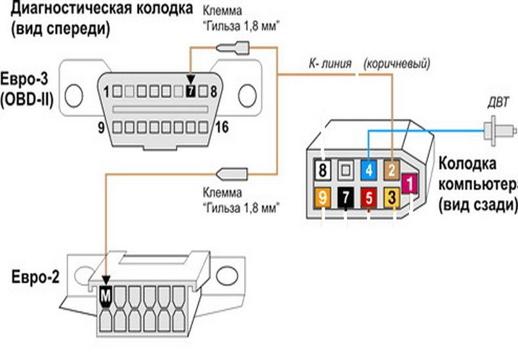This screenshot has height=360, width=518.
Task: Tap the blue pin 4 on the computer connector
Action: point(369,170)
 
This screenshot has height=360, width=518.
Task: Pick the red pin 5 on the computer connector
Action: point(369,196)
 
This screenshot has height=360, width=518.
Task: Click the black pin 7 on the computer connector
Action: point(346,196)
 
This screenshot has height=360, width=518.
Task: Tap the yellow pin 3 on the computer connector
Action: point(391,196)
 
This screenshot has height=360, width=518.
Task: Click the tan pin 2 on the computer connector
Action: point(391,170)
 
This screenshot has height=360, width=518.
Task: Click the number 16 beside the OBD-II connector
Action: point(222,128)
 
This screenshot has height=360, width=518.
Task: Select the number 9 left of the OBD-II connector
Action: point(102,128)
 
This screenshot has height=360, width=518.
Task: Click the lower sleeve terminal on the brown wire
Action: point(231,174)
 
